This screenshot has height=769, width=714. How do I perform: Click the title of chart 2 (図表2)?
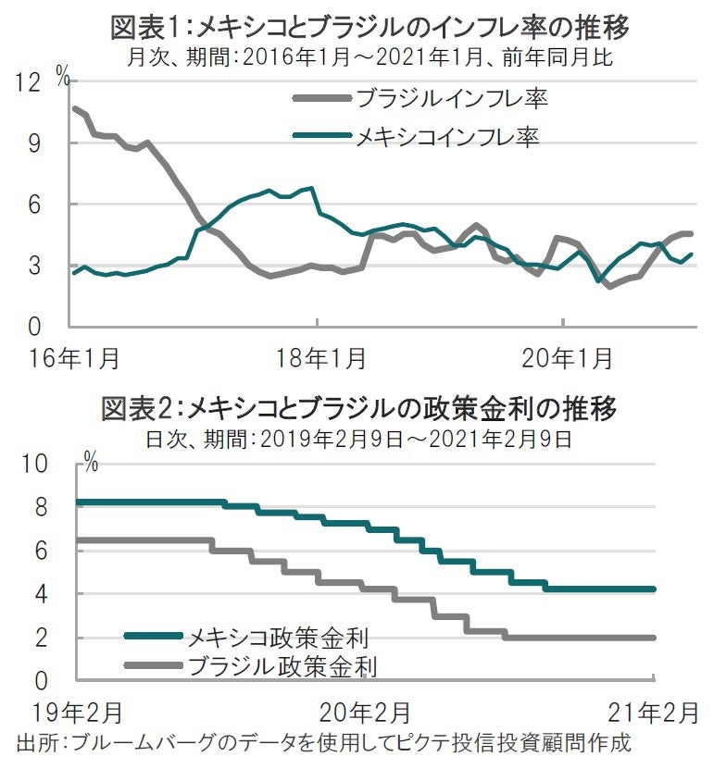[357, 408]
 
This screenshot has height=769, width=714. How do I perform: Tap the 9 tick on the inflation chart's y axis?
[34, 143]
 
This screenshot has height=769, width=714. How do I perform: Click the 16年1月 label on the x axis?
[66, 355]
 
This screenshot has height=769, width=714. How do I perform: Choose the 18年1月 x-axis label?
[319, 355]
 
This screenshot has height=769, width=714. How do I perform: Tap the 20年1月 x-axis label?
[564, 355]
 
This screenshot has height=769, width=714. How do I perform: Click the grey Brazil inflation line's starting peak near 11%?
[75, 108]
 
